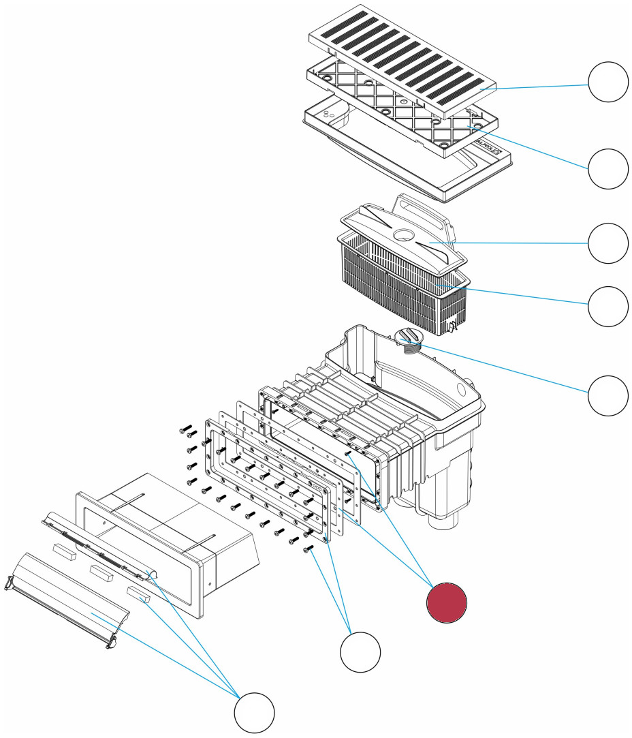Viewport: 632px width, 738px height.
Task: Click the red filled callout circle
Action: click(446, 602)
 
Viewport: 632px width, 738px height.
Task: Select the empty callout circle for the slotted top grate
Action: click(607, 82)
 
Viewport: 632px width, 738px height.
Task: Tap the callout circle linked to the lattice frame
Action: click(607, 168)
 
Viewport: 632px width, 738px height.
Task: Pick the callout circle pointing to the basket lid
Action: click(607, 243)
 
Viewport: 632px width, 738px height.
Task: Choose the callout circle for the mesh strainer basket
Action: click(607, 305)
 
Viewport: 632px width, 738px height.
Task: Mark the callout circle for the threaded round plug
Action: click(607, 395)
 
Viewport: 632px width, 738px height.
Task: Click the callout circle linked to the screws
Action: click(360, 652)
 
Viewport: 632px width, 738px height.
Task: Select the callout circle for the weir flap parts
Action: click(254, 713)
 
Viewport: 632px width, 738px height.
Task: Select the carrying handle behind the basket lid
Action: click(422, 208)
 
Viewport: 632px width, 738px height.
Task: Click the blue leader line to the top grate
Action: click(538, 87)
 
